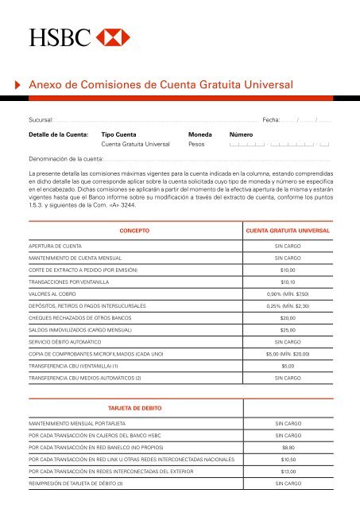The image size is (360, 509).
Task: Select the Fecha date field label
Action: (272, 119)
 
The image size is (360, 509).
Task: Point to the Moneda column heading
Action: (199, 134)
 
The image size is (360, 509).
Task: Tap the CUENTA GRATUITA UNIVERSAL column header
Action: (288, 231)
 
